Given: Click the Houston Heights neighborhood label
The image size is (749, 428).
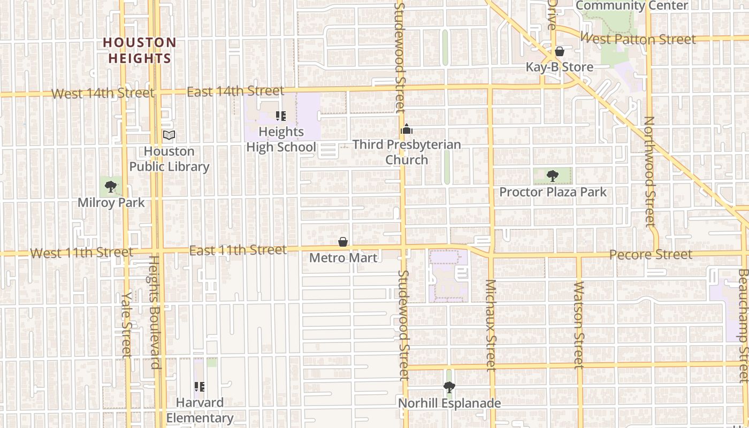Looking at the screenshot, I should click(139, 50).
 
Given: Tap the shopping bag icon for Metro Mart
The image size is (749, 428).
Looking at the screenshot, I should click(343, 242).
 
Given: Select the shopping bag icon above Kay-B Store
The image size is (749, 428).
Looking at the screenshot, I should click(559, 52).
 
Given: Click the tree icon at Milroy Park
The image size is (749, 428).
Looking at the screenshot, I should click(111, 187).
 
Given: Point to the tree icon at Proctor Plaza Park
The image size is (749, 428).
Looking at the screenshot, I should click(553, 175).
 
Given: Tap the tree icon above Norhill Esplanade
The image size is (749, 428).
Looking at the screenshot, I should click(449, 387).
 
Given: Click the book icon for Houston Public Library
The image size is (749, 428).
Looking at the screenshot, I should click(169, 135).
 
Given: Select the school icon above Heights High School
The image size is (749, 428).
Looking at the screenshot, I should click(281, 116).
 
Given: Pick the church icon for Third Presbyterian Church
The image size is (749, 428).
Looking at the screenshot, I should click(407, 129).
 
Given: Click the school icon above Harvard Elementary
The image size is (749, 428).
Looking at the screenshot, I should click(200, 386).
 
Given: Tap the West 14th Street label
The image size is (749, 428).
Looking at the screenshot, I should click(102, 94).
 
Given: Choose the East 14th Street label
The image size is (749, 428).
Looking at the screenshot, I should click(235, 91).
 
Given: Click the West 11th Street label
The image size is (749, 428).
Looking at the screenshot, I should click(81, 253).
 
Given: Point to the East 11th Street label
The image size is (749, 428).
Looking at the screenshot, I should click(238, 250).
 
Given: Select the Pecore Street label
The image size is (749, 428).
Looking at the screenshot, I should click(651, 255).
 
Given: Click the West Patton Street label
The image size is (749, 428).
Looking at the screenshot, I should click(638, 39).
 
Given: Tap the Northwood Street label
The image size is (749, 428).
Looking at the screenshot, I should click(649, 171).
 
